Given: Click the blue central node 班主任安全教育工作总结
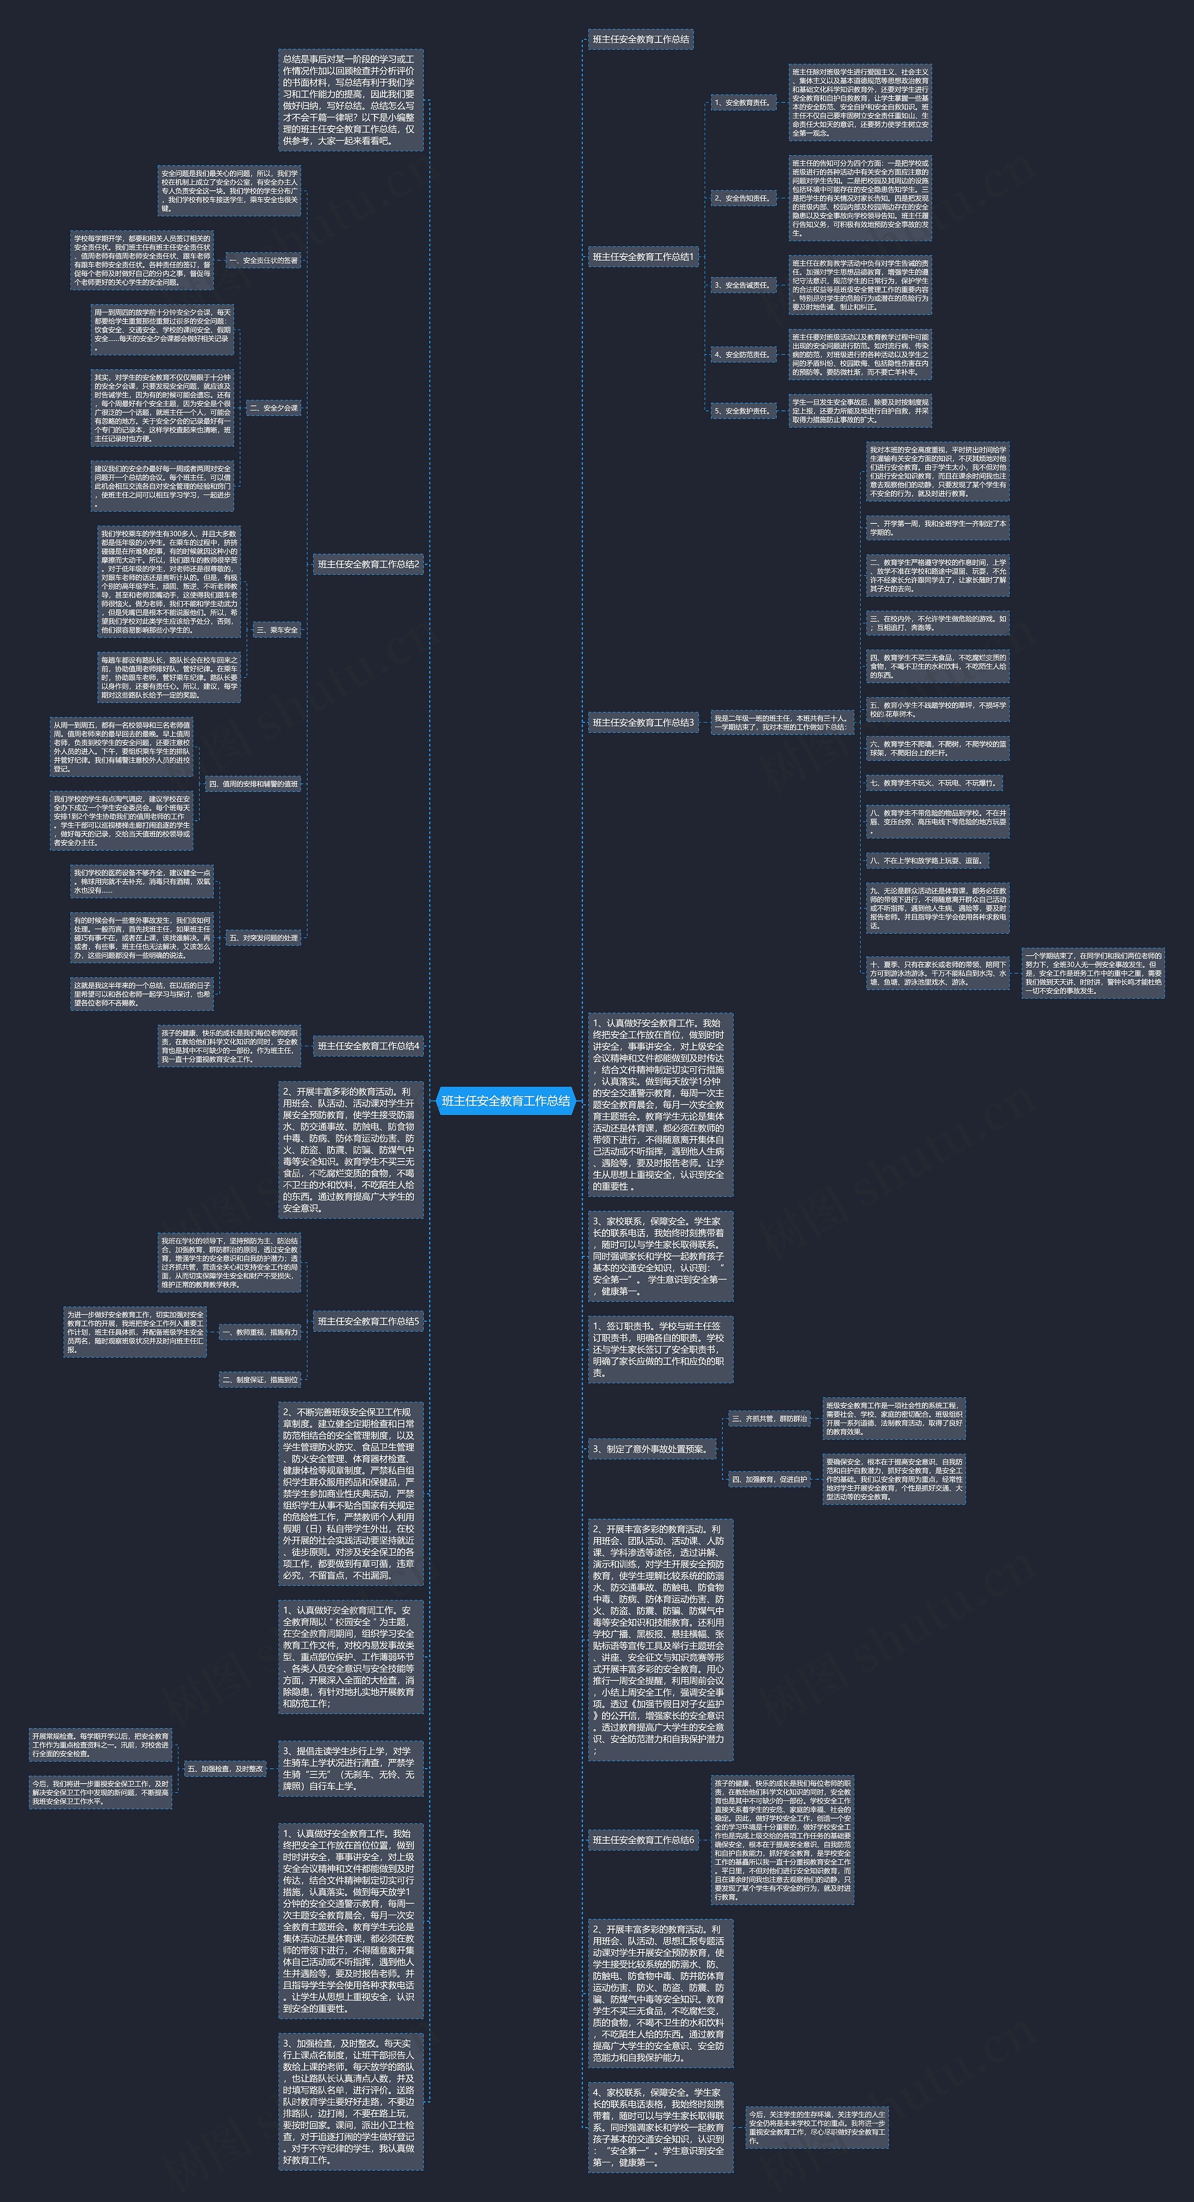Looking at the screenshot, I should click(505, 1101).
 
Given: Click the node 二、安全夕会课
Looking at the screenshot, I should click(273, 408).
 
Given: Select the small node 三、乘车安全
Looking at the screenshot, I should click(277, 630).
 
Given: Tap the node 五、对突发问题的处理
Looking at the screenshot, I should click(263, 938).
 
